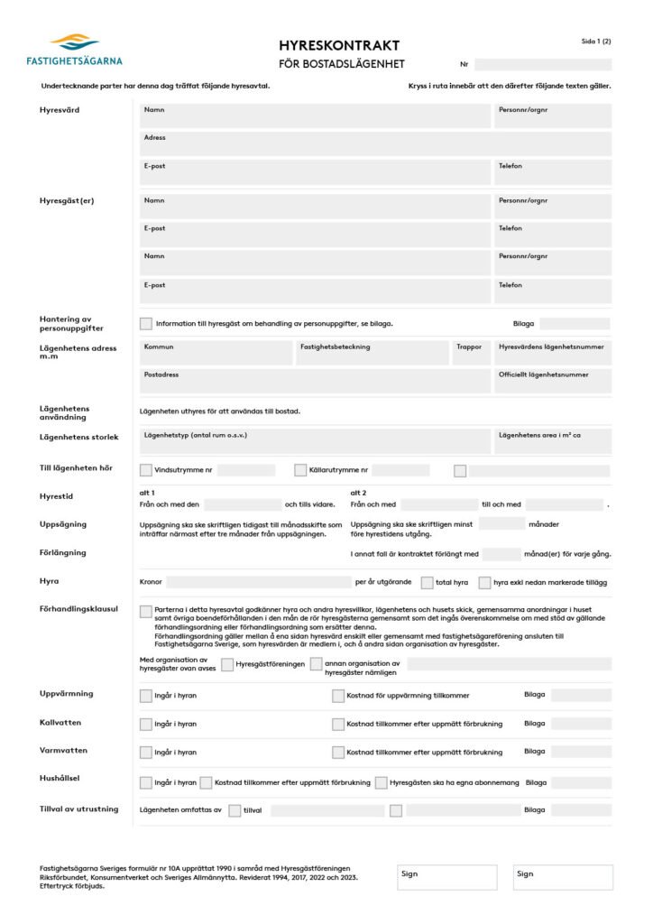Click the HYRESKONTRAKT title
[339, 46]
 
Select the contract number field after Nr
[543, 65]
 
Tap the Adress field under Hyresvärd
[375, 143]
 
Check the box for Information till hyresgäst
[146, 324]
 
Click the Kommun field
[216, 353]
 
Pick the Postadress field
[315, 381]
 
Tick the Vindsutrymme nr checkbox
[146, 470]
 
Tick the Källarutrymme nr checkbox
[300, 470]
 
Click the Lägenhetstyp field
[315, 441]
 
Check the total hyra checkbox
[428, 583]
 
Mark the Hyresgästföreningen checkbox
[227, 665]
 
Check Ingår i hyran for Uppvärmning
[146, 696]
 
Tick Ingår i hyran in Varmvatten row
[146, 753]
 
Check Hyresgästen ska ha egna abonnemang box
[382, 783]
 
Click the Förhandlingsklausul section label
[78, 609]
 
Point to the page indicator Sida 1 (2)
[596, 42]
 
